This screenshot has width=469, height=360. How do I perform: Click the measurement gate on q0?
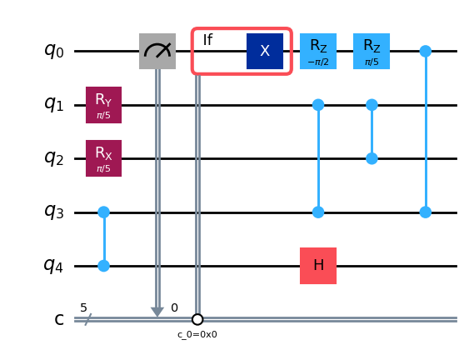click(157, 51)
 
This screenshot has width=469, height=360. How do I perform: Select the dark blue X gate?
click(265, 51)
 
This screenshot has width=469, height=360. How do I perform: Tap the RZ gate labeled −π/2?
click(318, 51)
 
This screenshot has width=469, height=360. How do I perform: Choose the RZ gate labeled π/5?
click(372, 51)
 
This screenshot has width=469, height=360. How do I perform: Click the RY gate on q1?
click(104, 105)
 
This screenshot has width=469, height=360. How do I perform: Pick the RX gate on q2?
click(104, 158)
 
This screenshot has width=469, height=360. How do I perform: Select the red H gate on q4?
click(318, 266)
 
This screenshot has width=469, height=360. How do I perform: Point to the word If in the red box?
click(208, 40)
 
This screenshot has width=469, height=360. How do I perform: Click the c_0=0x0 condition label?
click(197, 334)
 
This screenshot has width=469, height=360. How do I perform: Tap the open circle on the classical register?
click(197, 320)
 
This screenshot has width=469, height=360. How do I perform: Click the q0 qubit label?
click(54, 51)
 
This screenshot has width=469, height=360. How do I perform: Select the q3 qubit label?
click(54, 212)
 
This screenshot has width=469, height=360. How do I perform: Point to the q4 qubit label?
click(54, 266)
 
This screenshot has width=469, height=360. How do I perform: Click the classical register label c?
click(59, 320)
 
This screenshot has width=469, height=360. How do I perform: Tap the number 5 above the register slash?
click(83, 307)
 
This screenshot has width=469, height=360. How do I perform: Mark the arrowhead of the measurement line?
click(157, 312)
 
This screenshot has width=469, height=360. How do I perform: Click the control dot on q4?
click(104, 266)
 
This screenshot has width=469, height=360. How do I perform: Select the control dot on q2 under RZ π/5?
click(372, 158)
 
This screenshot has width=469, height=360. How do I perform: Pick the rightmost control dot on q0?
click(426, 51)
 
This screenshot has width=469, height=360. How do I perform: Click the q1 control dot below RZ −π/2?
click(318, 105)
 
